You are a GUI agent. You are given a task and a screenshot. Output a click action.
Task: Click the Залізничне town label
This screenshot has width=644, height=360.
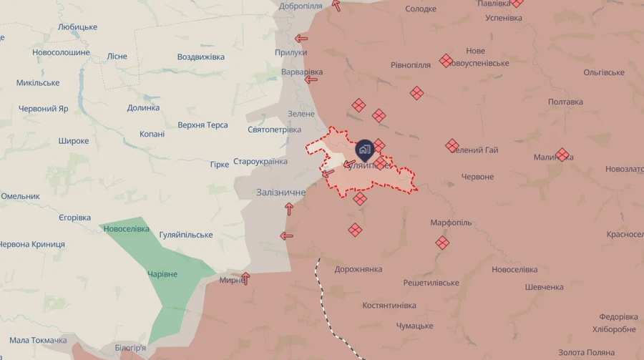pyautogui.click(x=280, y=193)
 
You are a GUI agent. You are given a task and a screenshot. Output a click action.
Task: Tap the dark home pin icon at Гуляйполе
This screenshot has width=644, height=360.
pyautogui.click(x=364, y=150)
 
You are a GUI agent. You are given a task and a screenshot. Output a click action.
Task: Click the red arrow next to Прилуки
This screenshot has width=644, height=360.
pyautogui.click(x=301, y=39)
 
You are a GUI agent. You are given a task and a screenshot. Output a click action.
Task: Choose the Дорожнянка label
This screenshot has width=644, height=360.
pyautogui.click(x=358, y=270)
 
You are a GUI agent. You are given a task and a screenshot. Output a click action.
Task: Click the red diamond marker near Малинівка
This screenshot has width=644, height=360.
pyautogui.click(x=562, y=155)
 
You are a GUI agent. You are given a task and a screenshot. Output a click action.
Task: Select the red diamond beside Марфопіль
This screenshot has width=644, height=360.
pyautogui.click(x=442, y=243)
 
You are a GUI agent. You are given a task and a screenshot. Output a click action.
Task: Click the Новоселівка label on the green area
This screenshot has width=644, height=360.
pyautogui.click(x=126, y=229)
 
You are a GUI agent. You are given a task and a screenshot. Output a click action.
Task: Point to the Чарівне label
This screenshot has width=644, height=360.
pyautogui.click(x=162, y=275)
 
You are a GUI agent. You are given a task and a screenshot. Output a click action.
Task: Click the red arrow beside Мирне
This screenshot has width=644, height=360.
pyautogui.click(x=245, y=278)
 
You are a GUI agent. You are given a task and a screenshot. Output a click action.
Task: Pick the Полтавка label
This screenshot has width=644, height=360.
pyautogui.click(x=565, y=102)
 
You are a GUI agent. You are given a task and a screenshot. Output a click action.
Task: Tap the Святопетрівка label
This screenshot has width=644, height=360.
pyautogui.click(x=274, y=130)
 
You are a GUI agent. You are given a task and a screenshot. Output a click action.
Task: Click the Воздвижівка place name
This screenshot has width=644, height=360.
pyautogui.click(x=200, y=57)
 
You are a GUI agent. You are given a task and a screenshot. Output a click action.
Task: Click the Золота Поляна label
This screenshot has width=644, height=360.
pyautogui.click(x=586, y=353)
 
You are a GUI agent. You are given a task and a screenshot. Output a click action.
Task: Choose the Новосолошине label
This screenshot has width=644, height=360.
pyautogui.click(x=61, y=53)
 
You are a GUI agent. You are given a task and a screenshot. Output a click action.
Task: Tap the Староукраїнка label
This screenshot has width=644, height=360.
pyautogui.click(x=260, y=162)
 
